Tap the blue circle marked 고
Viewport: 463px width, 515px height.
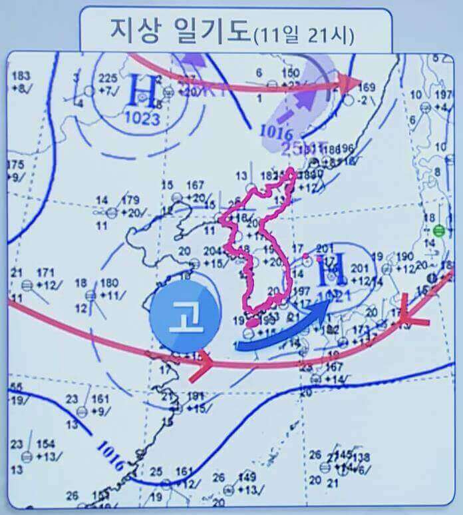185,315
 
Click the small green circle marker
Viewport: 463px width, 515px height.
438,231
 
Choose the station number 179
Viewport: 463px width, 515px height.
131,199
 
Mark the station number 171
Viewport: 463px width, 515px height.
45,272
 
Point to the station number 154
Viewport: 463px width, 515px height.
45,444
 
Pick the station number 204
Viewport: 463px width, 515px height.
212,251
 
